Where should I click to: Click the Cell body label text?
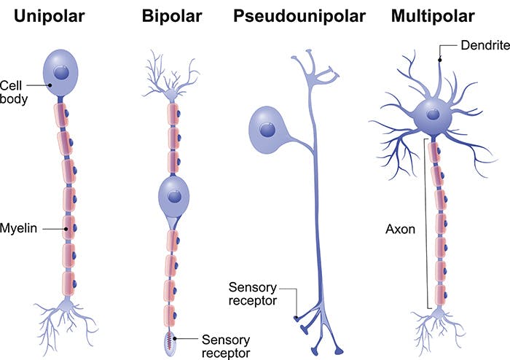click(15, 91)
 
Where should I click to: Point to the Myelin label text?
click(19, 228)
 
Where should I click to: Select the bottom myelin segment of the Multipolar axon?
click(440, 294)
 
